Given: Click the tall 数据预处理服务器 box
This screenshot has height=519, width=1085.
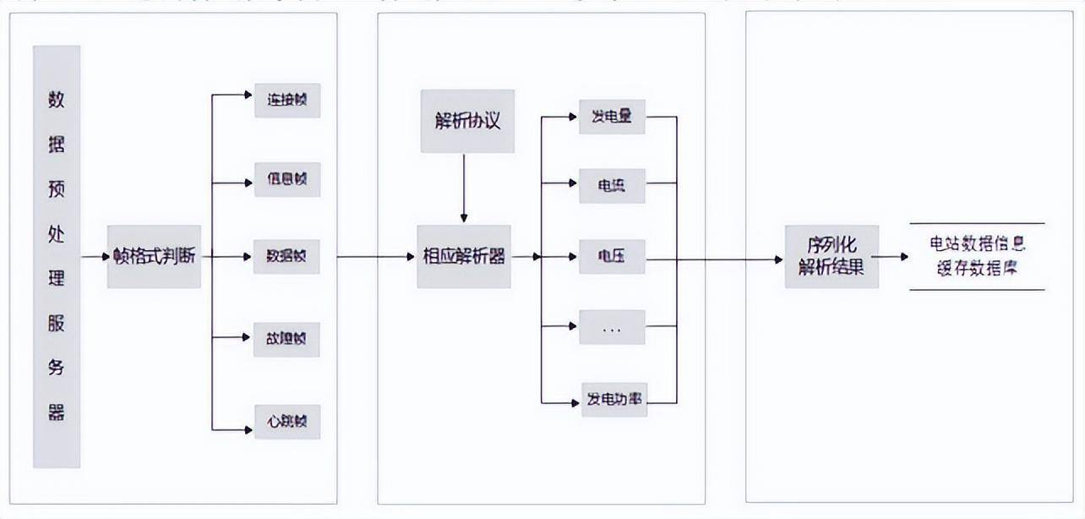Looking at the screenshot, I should point(57,257).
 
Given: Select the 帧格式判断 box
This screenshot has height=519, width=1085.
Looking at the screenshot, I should point(154,256).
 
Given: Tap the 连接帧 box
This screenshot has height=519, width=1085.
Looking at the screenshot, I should point(286,101).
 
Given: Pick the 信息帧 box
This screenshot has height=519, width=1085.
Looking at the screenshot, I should point(286,179).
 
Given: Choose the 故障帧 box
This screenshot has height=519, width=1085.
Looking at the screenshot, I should point(286,339).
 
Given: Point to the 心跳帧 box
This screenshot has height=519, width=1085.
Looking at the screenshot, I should point(286,421).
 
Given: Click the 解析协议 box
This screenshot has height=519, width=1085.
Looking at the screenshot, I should point(467,121).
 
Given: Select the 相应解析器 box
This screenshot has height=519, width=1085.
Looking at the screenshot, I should point(464,256).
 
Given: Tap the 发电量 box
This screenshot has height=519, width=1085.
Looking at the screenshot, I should point(612,117).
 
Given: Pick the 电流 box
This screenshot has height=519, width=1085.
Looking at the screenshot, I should point(612,185).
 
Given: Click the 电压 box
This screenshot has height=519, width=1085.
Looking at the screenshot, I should point(612,256).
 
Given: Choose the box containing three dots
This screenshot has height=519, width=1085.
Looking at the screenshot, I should point(612,327).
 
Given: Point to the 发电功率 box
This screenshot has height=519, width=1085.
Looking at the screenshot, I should point(613,399).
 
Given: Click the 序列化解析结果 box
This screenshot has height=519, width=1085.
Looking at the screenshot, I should point(831,256).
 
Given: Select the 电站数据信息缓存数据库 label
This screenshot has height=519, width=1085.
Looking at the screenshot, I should point(978,256).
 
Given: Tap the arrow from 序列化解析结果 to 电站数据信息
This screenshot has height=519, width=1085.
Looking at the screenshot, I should point(891,256).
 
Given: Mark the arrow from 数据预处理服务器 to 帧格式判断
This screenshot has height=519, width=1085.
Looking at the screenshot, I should point(93,256).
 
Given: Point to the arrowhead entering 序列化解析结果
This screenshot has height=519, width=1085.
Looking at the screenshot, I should point(778,259).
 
